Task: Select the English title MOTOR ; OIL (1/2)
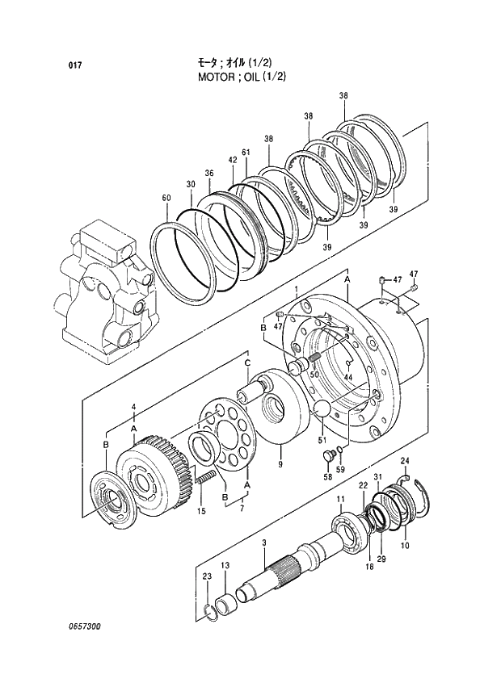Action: click(242, 77)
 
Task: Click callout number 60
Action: click(166, 199)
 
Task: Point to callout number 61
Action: click(245, 153)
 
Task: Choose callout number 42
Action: click(232, 161)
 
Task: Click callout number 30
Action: click(191, 185)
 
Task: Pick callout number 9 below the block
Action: click(280, 464)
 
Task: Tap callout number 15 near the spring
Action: click(201, 511)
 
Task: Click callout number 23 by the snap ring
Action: click(207, 576)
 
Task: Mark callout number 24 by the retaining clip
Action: click(405, 461)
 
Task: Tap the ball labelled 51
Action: click(324, 409)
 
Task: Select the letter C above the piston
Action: click(248, 364)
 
